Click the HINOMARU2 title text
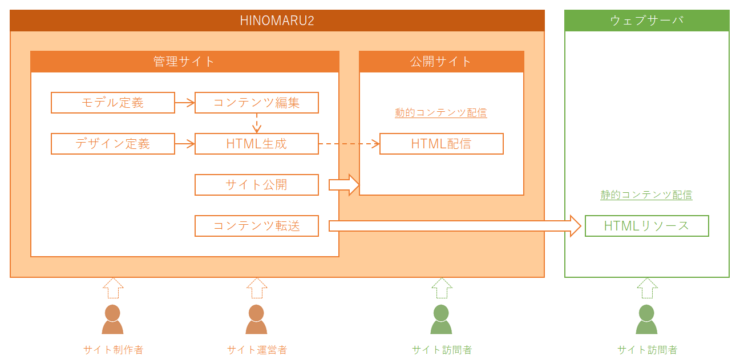(x=277, y=21)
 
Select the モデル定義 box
(x=113, y=103)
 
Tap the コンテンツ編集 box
(x=257, y=103)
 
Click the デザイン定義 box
(x=113, y=144)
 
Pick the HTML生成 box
(x=257, y=144)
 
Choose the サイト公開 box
(x=257, y=185)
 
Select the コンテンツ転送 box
(x=257, y=226)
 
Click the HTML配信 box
(x=442, y=144)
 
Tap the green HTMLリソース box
(x=647, y=226)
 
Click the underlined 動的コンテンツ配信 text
(x=440, y=112)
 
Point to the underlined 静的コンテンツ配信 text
(x=646, y=195)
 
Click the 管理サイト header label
(x=184, y=62)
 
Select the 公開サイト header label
(x=440, y=62)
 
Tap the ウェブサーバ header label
(x=646, y=21)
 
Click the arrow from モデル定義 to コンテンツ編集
(x=185, y=103)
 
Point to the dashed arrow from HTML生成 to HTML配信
(x=349, y=144)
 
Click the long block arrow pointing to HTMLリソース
(x=455, y=226)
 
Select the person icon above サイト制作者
(x=112, y=319)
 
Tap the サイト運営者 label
(x=257, y=350)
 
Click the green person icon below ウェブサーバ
(x=646, y=319)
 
